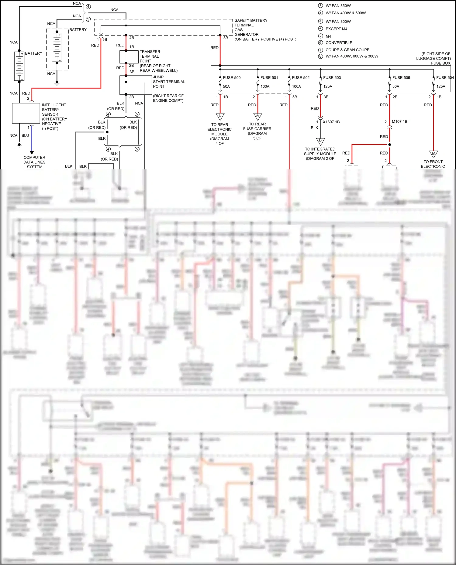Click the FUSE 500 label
pyautogui.click(x=231, y=78)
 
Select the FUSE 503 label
pyautogui.click(x=332, y=78)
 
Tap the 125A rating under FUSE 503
pyautogui.click(x=327, y=87)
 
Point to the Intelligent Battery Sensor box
pyautogui.click(x=26, y=113)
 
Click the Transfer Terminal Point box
pyautogui.click(x=129, y=57)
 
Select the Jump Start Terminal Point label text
pyautogui.click(x=169, y=82)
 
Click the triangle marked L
pyautogui.click(x=220, y=116)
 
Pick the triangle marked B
pyautogui.click(x=320, y=141)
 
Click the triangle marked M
pyautogui.click(x=434, y=154)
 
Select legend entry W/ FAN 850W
pyautogui.click(x=338, y=6)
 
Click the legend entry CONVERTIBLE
pyautogui.click(x=339, y=43)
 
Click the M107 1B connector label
pyautogui.click(x=399, y=121)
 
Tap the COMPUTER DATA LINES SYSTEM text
pyautogui.click(x=34, y=162)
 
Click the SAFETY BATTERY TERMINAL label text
pyautogui.click(x=250, y=23)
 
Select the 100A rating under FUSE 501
pyautogui.click(x=265, y=87)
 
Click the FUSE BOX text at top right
pyautogui.click(x=440, y=63)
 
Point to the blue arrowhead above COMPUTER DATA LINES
pyautogui.click(x=32, y=152)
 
